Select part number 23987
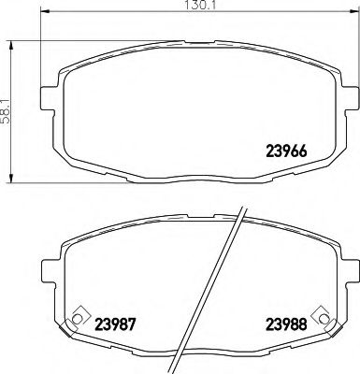(116, 325)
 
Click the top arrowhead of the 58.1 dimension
(11, 44)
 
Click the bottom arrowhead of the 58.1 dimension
(11, 178)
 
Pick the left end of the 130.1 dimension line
(44, 15)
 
